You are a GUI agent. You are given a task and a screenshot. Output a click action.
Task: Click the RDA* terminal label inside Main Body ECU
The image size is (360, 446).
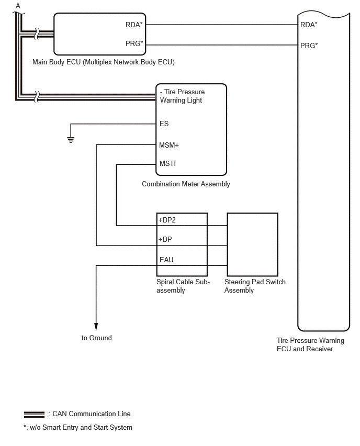click(134, 25)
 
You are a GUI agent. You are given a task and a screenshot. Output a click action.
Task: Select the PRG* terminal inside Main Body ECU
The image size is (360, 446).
click(134, 43)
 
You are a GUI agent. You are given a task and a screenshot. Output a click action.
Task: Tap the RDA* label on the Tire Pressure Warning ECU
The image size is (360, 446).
click(309, 25)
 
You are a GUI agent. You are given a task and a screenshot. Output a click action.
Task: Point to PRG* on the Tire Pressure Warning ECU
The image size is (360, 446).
click(309, 46)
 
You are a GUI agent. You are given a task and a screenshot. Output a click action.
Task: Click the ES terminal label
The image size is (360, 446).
click(164, 124)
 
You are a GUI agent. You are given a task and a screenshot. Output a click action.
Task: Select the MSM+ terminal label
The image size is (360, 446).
click(169, 145)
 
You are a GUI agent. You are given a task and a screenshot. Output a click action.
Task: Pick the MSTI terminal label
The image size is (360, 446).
click(168, 163)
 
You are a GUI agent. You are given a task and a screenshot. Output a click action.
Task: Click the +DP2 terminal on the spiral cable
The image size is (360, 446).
click(167, 220)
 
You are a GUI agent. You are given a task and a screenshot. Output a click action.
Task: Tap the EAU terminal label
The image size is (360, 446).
click(166, 260)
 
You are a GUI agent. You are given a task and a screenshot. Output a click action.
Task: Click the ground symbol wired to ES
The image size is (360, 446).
click(71, 140)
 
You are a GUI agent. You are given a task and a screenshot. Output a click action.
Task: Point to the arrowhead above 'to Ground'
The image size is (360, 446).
click(96, 327)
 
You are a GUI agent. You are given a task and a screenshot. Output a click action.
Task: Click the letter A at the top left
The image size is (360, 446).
click(18, 6)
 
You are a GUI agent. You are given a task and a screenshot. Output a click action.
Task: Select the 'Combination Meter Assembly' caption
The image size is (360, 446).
click(186, 184)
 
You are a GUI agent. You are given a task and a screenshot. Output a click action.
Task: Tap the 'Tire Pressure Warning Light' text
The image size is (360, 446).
click(182, 96)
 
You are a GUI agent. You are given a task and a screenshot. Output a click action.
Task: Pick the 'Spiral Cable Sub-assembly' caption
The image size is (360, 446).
click(183, 286)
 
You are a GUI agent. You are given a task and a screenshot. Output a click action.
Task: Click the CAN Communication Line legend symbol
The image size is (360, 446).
click(34, 415)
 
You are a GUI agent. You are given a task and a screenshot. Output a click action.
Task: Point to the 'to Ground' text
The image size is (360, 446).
click(97, 338)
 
